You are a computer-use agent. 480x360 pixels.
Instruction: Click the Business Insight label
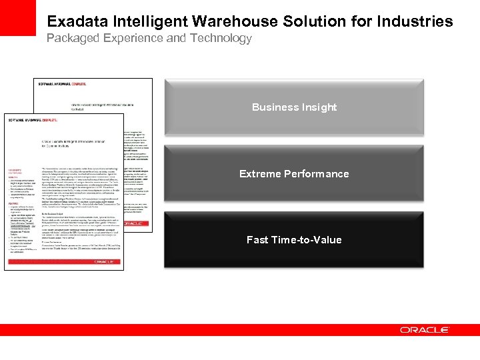click(x=294, y=107)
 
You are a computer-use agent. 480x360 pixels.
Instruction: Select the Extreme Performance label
click(x=294, y=174)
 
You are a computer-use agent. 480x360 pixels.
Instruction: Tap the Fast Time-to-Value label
click(x=294, y=240)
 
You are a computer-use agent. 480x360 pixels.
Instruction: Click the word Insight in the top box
click(x=318, y=107)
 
